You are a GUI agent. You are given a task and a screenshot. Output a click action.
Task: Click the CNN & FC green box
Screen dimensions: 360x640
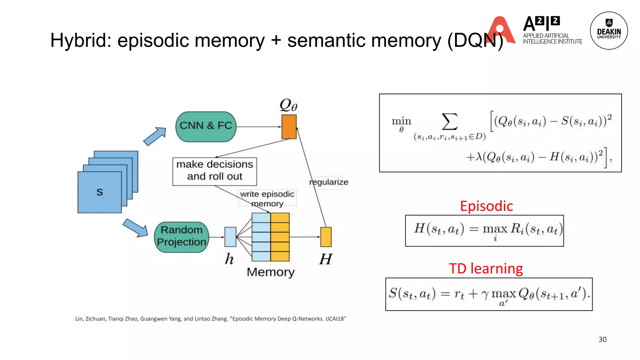click(x=206, y=127)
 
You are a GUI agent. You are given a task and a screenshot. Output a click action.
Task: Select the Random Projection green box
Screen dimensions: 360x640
click(x=182, y=237)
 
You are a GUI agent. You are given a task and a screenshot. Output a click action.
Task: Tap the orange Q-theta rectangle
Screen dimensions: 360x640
click(x=289, y=127)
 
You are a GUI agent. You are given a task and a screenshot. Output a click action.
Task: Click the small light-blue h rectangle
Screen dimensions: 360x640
click(x=230, y=237)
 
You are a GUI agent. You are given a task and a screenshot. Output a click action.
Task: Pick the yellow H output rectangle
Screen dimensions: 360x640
click(x=326, y=237)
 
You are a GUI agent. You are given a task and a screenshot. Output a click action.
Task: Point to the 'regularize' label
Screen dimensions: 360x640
click(x=329, y=182)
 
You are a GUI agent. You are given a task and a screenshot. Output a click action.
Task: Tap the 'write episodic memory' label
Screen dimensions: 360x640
click(x=267, y=198)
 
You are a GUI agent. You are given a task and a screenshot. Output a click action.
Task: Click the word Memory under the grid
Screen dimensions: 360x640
click(x=270, y=272)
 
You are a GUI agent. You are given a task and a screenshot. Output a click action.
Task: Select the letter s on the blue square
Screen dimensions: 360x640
click(x=100, y=192)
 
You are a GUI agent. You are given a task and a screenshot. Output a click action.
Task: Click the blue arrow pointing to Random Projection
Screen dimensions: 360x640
click(x=135, y=228)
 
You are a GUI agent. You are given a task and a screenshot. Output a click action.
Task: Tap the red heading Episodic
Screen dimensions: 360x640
click(x=486, y=206)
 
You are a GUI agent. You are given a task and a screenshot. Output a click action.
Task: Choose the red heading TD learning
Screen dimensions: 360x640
click(x=486, y=269)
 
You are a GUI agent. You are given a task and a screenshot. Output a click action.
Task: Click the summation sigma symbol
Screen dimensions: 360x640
click(x=449, y=122)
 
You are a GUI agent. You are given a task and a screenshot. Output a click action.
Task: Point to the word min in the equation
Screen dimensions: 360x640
click(x=401, y=121)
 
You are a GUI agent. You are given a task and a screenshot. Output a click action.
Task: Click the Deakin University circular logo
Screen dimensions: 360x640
click(x=608, y=31)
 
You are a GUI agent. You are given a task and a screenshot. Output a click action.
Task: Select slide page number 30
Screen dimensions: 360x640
click(x=602, y=339)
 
